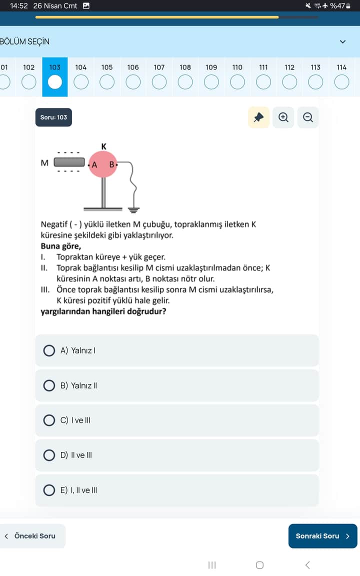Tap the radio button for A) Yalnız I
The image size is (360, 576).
49,350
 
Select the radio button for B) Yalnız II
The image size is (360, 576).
49,385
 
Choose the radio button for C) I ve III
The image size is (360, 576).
49,420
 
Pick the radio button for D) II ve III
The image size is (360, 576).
49,455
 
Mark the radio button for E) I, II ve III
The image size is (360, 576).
49,490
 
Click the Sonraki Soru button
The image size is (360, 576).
322,536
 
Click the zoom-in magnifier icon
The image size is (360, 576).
283,117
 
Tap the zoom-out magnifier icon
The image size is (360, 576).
308,117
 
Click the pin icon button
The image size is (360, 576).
258,117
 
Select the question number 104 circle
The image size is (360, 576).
81,81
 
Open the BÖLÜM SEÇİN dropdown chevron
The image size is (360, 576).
342,41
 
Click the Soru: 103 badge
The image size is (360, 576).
54,117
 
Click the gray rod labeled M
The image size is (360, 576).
69,162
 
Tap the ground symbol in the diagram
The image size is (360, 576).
133,209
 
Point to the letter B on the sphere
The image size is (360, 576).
112,164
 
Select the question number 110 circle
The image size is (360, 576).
237,81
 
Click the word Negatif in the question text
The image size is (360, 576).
55,224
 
